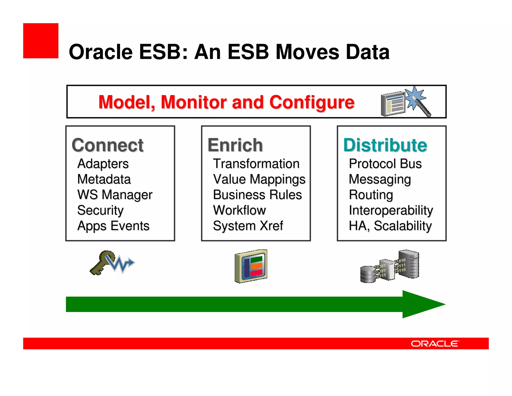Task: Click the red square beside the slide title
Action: coord(41,41)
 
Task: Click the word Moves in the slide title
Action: coord(307,52)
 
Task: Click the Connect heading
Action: coord(107,145)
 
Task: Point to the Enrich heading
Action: coord(235,145)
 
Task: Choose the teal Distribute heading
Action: coord(385,145)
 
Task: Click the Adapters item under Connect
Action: coord(103,164)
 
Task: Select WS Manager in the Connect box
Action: coord(115,195)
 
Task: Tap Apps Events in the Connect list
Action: coord(113,226)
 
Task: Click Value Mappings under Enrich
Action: coord(259,179)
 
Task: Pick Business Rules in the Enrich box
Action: coord(257,195)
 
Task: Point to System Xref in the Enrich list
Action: coord(248,226)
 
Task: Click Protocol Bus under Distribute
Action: coord(385,164)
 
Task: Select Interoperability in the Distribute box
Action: coord(391,210)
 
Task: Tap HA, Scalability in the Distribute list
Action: coord(390,226)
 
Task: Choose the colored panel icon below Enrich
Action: coord(251,266)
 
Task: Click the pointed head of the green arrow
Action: coord(422,304)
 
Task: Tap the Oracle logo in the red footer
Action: coord(435,344)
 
